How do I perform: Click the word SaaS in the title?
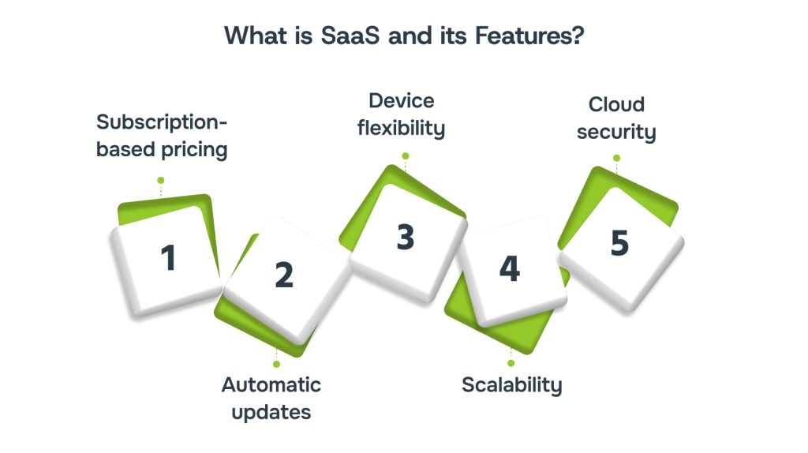tap(350, 36)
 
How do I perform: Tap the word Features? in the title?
tap(529, 36)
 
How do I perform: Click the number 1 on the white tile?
tap(169, 258)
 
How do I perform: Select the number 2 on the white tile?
tap(284, 275)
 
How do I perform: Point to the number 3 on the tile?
tap(406, 237)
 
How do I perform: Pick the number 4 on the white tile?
tap(510, 268)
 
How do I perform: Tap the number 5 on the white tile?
tap(619, 243)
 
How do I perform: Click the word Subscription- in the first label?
tap(162, 122)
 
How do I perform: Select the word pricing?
tap(194, 150)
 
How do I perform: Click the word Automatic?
tap(271, 385)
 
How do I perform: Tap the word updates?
tap(271, 412)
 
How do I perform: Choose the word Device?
tap(402, 101)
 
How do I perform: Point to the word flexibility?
tap(402, 129)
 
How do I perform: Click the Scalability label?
tap(511, 385)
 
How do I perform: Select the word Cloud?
tap(616, 105)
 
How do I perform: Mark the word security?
tap(616, 133)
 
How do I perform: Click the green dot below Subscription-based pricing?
tap(161, 181)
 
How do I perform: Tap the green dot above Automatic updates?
tap(277, 365)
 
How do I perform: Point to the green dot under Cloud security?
tap(617, 158)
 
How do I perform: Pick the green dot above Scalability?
tap(511, 363)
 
